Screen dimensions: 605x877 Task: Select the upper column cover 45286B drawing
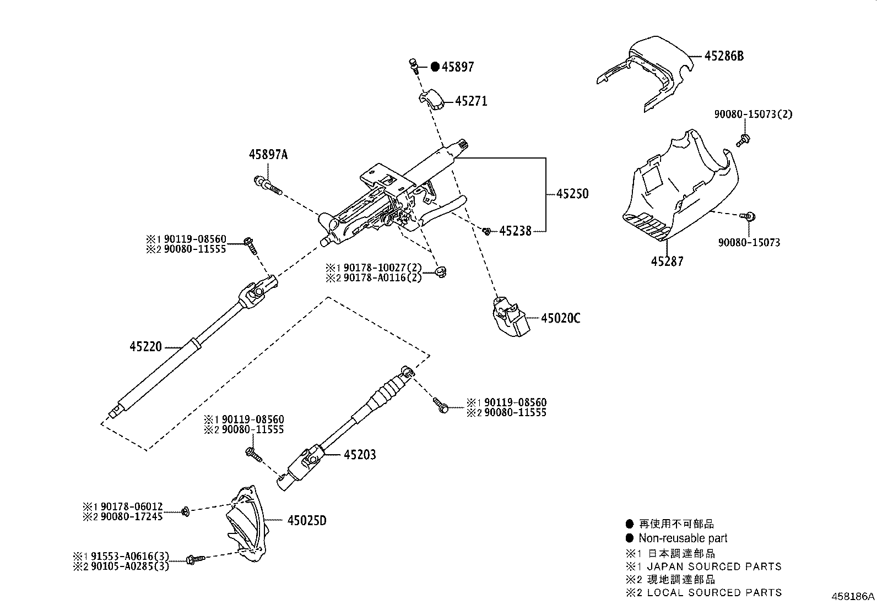click(645, 72)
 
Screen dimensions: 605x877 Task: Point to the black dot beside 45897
click(435, 67)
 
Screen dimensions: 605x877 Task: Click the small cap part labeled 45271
click(432, 101)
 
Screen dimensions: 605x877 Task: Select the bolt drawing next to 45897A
click(268, 184)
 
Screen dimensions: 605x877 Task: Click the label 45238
click(515, 231)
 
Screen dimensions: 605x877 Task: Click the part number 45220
click(146, 347)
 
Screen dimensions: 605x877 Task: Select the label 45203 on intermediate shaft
click(360, 455)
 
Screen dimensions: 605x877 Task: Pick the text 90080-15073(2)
click(753, 115)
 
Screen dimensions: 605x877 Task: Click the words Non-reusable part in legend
click(683, 538)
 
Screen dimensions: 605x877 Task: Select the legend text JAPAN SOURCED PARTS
click(714, 566)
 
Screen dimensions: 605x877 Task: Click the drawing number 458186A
click(853, 596)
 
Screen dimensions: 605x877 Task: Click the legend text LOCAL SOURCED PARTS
click(714, 593)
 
